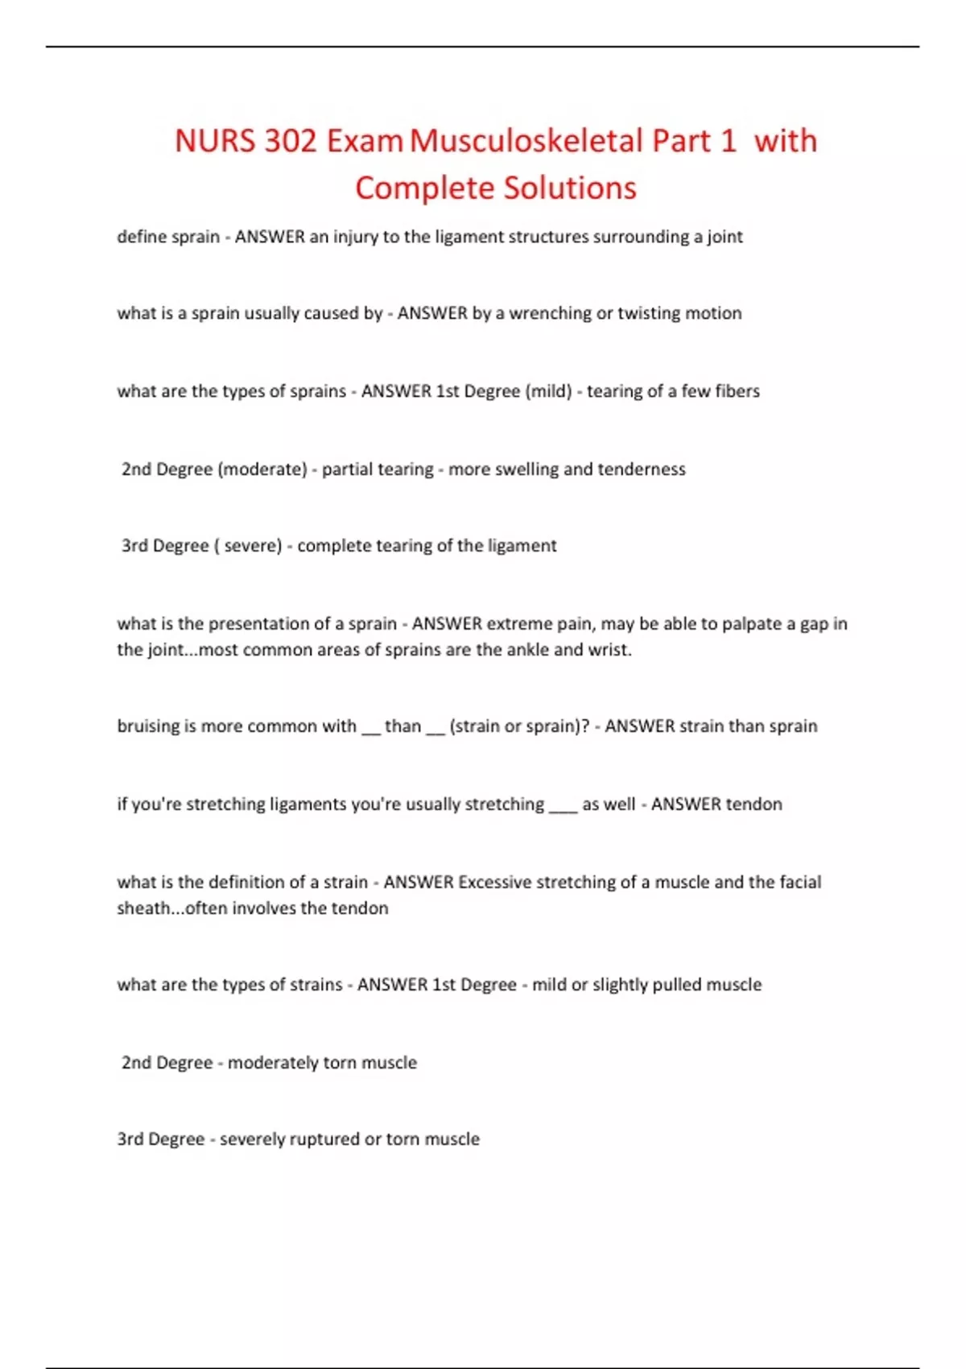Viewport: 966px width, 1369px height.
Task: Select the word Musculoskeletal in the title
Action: click(526, 142)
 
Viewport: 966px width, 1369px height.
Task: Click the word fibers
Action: click(737, 391)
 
